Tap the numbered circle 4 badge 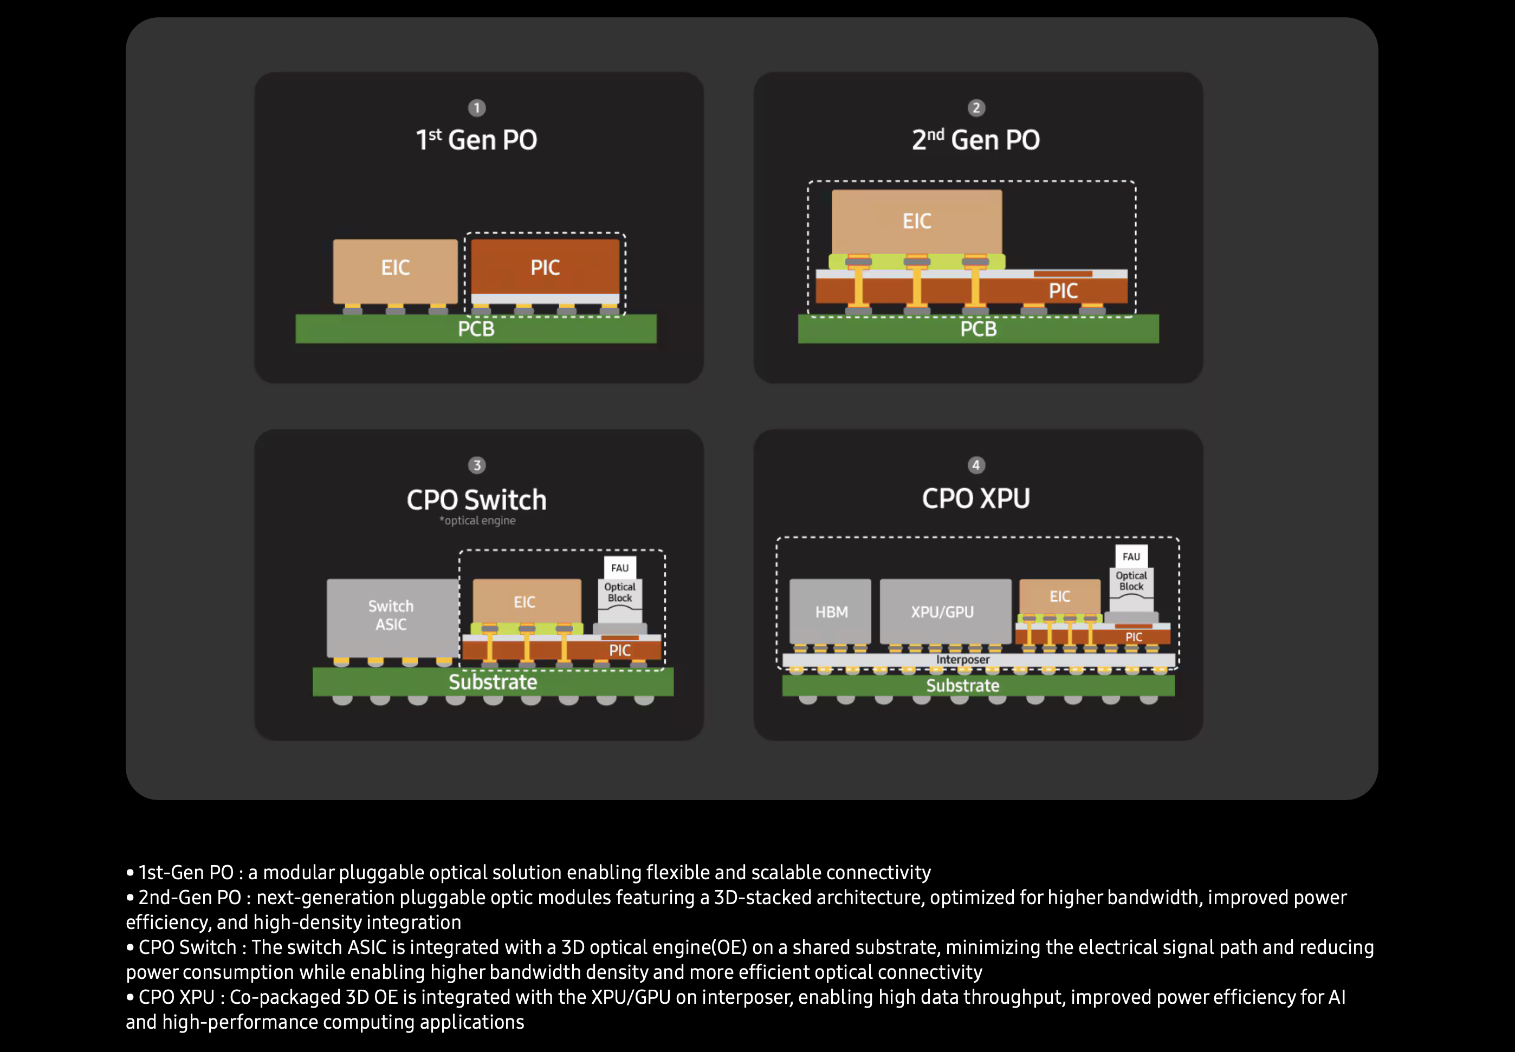coord(976,465)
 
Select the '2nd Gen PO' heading coord(976,139)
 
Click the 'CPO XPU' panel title coord(976,498)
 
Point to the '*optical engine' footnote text coord(477,521)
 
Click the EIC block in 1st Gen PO coord(395,271)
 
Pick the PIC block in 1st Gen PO coord(545,267)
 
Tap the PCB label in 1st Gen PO coord(476,328)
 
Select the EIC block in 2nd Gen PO coord(917,222)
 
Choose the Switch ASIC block coord(392,618)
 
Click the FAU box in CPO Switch coord(620,568)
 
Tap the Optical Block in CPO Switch coord(620,599)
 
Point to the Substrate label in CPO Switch coord(493,681)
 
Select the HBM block coord(831,611)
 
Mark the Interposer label coord(962,659)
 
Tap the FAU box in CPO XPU coord(1131,556)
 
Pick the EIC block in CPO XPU coord(1060,596)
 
